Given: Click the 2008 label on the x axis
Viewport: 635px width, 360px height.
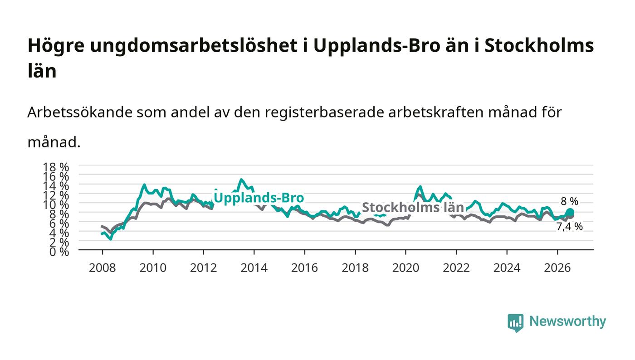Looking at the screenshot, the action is [x=103, y=268].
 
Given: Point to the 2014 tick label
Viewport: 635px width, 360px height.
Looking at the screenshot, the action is [x=254, y=268].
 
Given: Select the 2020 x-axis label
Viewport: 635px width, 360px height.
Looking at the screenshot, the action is [x=405, y=268].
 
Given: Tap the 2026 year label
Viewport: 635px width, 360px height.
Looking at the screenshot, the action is [x=557, y=268].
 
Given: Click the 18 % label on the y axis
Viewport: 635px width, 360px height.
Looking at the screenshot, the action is [x=56, y=167].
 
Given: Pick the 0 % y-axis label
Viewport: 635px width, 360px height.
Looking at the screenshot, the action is [x=59, y=252].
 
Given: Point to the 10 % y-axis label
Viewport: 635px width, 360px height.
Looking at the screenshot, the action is [x=56, y=204].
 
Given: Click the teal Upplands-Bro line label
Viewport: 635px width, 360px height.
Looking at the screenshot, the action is [x=259, y=198].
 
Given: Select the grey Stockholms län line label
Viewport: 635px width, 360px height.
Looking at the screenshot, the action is [x=413, y=208].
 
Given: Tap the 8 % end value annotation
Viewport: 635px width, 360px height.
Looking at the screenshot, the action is [x=570, y=201].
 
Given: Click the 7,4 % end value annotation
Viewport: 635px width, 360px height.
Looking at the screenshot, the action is [x=570, y=227].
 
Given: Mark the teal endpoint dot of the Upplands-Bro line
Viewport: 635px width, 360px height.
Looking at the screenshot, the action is [x=570, y=212].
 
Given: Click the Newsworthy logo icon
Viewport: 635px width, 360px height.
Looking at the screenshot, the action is [x=515, y=322].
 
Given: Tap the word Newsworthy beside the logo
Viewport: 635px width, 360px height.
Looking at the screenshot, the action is [x=568, y=321].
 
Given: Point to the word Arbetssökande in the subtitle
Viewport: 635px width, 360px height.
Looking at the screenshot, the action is [x=80, y=112].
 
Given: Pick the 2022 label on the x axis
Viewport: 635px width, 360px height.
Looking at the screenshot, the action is [x=456, y=268].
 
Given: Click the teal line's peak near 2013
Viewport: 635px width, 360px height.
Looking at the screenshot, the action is [x=241, y=180].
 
